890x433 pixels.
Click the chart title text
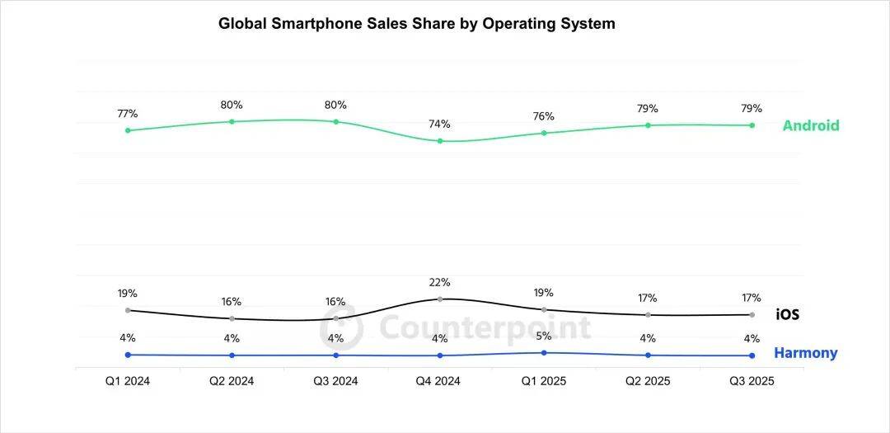416,24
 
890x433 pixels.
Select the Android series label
810,125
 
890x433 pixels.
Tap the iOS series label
787,314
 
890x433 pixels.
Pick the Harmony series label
805,353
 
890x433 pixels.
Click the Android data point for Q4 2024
439,141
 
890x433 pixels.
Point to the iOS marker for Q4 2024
439,299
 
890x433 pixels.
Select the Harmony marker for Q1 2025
544,352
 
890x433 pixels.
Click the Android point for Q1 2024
128,130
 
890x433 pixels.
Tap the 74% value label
439,125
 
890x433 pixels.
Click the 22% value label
439,282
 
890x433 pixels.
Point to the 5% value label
544,336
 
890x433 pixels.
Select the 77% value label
128,114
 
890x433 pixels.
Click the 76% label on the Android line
544,116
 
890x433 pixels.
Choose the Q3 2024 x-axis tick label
335,381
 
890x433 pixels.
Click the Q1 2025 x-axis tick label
544,381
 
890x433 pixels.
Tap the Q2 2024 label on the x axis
232,381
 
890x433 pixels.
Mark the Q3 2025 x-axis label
752,381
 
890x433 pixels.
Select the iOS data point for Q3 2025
752,314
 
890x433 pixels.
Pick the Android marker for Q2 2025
648,125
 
